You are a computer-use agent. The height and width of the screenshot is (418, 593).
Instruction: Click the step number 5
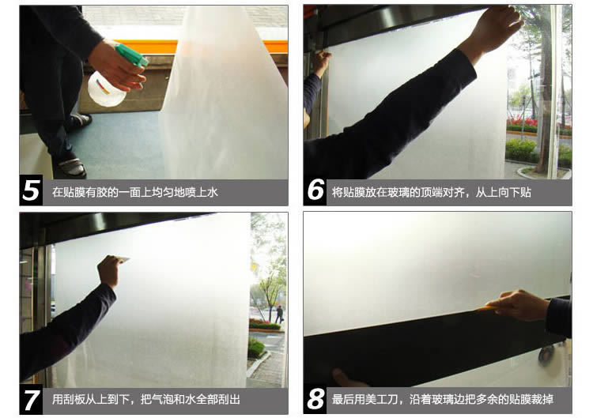pyautogui.click(x=31, y=190)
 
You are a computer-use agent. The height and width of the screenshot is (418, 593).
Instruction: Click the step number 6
pyautogui.click(x=315, y=190)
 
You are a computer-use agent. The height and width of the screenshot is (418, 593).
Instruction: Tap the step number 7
pyautogui.click(x=32, y=400)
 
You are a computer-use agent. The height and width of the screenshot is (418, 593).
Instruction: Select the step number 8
pyautogui.click(x=315, y=399)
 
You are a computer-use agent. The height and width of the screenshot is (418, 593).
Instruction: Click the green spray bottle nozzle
pyautogui.click(x=132, y=56)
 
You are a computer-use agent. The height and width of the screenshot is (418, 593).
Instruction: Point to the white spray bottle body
pyautogui.click(x=106, y=89)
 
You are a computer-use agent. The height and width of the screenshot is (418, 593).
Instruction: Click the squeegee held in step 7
pyautogui.click(x=122, y=259)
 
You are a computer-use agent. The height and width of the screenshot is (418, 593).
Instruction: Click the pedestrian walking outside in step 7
pyautogui.click(x=279, y=314)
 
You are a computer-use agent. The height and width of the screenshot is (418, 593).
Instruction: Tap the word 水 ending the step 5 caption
pyautogui.click(x=213, y=192)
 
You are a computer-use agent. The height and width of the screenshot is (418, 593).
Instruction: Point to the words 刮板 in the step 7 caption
pyautogui.click(x=74, y=400)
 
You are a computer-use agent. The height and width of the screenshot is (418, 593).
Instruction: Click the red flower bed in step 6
pyautogui.click(x=521, y=122)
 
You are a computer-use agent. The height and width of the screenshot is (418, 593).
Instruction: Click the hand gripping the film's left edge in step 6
pyautogui.click(x=322, y=62)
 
